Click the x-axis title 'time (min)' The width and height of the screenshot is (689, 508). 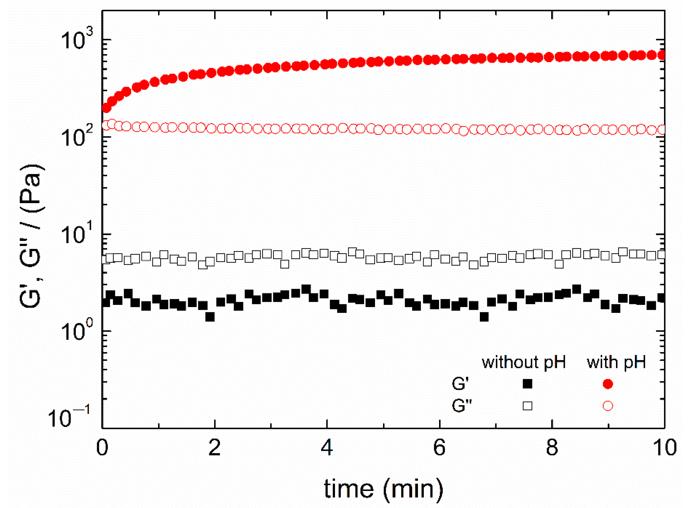coord(383,489)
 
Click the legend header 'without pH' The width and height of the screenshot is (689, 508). coord(523,362)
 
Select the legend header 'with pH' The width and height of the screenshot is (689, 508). coord(616,362)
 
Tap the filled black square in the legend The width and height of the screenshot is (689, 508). coord(527,384)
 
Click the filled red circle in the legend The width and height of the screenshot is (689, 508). coord(608,384)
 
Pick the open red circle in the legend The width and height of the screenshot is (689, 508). coord(608,406)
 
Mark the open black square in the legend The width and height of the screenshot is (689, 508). coord(527,406)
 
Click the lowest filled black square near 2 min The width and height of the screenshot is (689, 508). coord(210,317)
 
